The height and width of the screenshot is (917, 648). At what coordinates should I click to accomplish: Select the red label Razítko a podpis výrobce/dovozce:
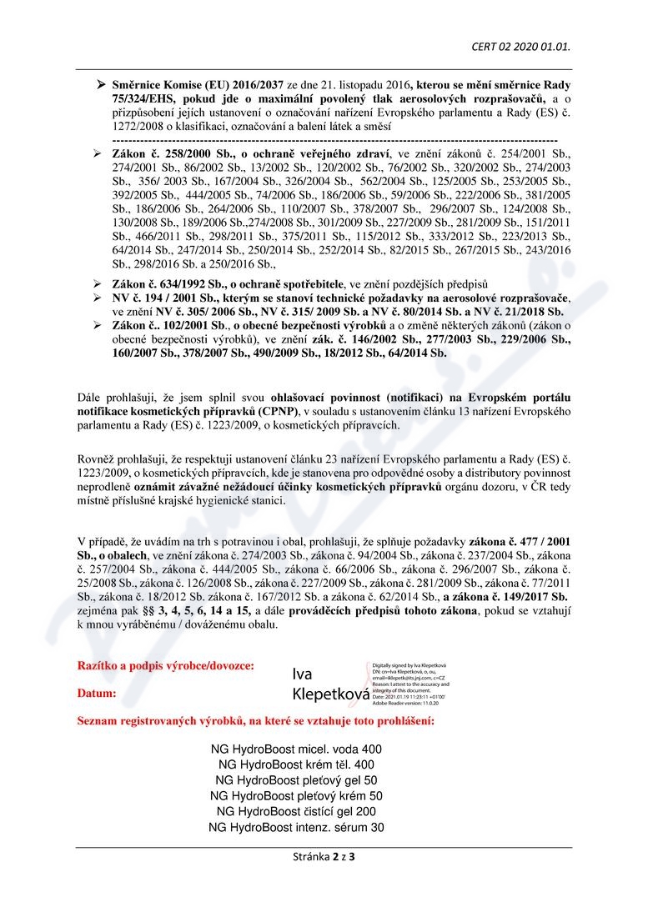pos(166,666)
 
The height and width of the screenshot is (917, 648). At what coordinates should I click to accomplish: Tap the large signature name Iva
pos(303,674)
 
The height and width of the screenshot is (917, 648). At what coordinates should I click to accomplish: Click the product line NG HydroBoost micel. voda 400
pos(296,749)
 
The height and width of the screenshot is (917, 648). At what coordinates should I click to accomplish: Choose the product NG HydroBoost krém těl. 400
pos(296,764)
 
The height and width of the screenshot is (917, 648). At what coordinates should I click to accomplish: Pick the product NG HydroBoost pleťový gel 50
pos(296,780)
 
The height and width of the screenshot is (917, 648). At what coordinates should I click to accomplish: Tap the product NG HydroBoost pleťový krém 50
pos(296,796)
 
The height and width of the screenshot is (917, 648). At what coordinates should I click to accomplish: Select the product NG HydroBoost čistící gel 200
pos(296,811)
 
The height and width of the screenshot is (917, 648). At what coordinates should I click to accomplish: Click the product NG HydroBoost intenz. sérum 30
pos(296,827)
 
